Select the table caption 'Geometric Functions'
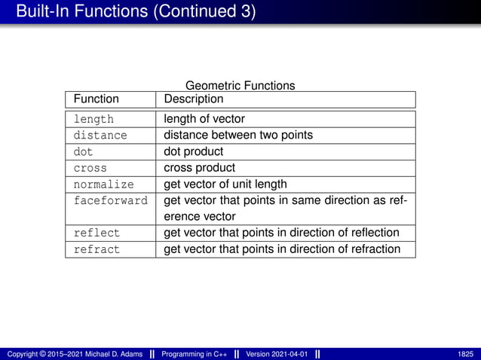pyautogui.click(x=240, y=86)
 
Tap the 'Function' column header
pyautogui.click(x=96, y=99)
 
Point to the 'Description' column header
pyautogui.click(x=193, y=99)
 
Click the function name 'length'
pyautogui.click(x=93, y=119)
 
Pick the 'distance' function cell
pyautogui.click(x=100, y=136)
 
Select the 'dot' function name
pyautogui.click(x=83, y=152)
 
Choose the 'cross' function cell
pyautogui.click(x=90, y=168)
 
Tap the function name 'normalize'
pyautogui.click(x=103, y=185)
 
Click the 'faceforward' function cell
pyautogui.click(x=110, y=201)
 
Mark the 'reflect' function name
pyautogui.click(x=97, y=233)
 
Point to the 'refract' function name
pyautogui.click(x=97, y=249)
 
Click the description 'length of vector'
pyautogui.click(x=204, y=119)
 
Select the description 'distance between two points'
pyautogui.click(x=238, y=136)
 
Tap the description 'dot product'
pyautogui.click(x=194, y=152)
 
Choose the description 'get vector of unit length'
pyautogui.click(x=225, y=185)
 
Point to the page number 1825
pyautogui.click(x=465, y=354)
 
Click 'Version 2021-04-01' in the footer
pyautogui.click(x=277, y=354)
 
